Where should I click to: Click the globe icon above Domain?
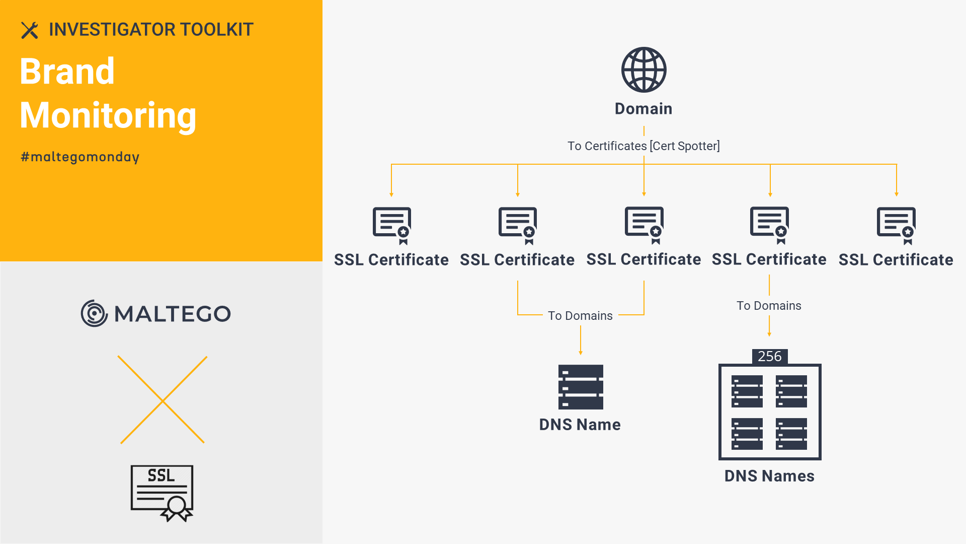point(643,70)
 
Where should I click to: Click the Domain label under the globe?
point(643,109)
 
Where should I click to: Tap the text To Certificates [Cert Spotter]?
point(643,146)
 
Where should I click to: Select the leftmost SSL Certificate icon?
point(391,226)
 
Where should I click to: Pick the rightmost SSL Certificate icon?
point(896,226)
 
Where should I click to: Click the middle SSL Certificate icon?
point(644,225)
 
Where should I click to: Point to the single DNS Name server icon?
point(581,387)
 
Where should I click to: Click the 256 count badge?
point(770,356)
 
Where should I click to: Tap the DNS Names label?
point(769,476)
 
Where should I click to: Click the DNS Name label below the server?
point(580,425)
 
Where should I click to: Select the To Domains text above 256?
point(769,306)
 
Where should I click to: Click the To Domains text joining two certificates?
point(580,316)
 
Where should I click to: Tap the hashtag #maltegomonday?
point(80,157)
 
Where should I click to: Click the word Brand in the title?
point(67,71)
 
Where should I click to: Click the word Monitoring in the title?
point(108,116)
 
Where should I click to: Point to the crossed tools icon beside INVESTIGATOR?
point(30,30)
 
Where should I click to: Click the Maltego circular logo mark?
point(94,313)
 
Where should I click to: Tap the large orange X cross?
point(163,400)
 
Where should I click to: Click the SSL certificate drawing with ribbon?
point(162,493)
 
